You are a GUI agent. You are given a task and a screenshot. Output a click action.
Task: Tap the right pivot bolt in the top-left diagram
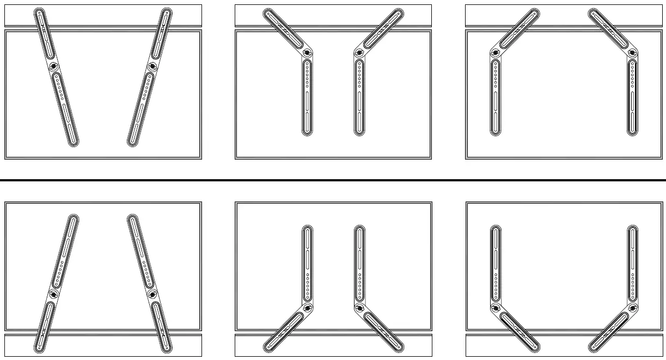(x=151, y=66)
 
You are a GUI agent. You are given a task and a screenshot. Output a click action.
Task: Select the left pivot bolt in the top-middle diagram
(x=307, y=52)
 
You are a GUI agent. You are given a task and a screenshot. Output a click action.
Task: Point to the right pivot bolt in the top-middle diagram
(x=359, y=52)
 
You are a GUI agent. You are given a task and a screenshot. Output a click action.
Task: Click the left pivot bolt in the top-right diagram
(x=496, y=52)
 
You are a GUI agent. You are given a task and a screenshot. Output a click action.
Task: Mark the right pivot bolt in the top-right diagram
(x=632, y=52)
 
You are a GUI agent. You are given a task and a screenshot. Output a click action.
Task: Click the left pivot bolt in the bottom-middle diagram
(x=307, y=308)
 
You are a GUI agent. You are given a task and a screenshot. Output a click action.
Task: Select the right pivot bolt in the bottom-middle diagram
(x=359, y=308)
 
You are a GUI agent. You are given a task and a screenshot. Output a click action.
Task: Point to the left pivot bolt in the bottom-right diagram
(x=496, y=308)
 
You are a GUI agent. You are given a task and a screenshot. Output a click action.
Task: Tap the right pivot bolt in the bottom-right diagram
(x=632, y=308)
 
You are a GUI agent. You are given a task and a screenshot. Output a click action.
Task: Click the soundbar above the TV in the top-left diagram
(x=103, y=15)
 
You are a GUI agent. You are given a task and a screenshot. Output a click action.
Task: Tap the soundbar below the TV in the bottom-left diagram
(x=103, y=345)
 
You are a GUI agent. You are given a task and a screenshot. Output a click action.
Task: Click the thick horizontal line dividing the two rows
(x=333, y=180)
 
